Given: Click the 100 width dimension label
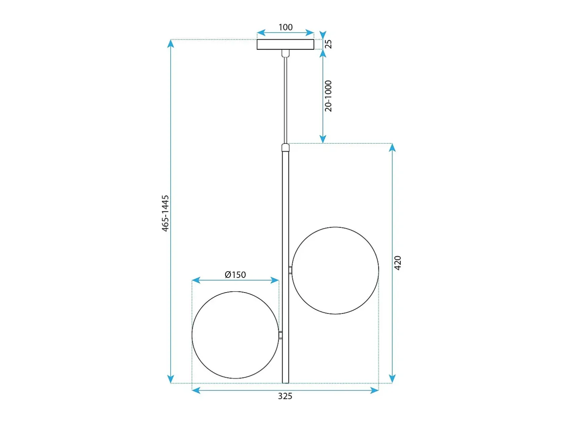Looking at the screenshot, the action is point(285,27).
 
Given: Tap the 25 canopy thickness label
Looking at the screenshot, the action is point(328,44).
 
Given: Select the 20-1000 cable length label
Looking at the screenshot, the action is point(328,96).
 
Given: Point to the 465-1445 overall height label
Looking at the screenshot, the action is point(165,213).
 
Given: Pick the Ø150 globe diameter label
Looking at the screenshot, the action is point(235,275).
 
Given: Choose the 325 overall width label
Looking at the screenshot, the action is point(285,396).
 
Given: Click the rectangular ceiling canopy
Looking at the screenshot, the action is point(285,44).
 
